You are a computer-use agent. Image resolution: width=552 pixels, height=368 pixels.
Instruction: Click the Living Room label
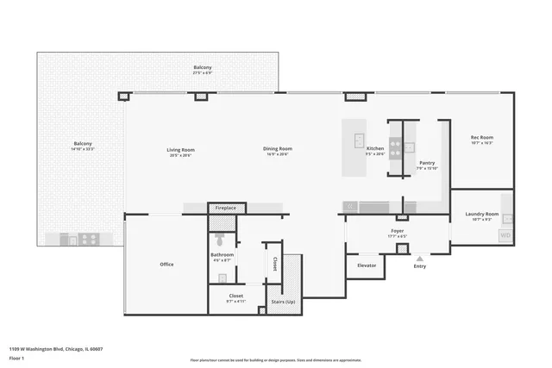[x=180, y=149]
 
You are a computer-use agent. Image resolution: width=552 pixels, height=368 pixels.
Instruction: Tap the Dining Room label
[x=277, y=149]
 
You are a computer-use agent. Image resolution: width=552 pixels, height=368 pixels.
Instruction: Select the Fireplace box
[x=226, y=208]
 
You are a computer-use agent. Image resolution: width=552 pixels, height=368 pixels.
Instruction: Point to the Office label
[x=166, y=264]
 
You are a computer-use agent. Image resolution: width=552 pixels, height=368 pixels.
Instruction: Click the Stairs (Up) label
[x=283, y=302]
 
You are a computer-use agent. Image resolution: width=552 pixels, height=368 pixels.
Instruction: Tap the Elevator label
[x=367, y=265]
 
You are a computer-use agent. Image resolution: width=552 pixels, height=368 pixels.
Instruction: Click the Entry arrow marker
[x=420, y=258]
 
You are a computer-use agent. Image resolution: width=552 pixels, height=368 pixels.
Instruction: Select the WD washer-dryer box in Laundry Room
[x=505, y=234]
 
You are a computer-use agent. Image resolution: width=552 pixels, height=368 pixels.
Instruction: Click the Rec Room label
[x=481, y=137]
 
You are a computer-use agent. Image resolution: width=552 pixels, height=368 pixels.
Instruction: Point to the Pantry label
[x=427, y=162]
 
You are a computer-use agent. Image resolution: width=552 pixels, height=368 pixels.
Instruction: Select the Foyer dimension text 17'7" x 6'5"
[x=398, y=236]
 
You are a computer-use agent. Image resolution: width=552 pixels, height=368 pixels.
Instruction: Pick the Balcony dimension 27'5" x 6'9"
[x=203, y=73]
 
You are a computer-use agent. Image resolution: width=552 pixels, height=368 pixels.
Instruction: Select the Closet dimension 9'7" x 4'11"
[x=235, y=302]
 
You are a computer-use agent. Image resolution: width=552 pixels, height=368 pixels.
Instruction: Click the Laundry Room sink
[x=508, y=219]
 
